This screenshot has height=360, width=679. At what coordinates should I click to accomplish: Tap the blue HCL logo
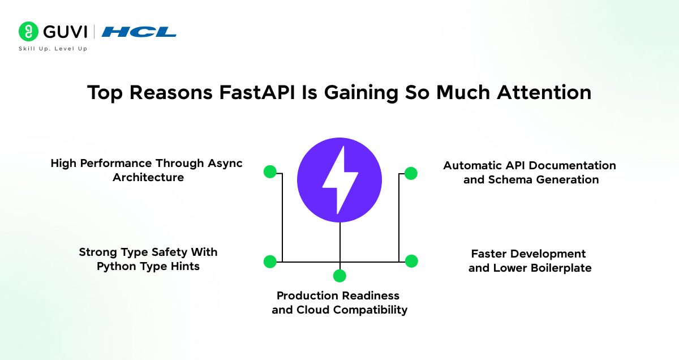click(139, 32)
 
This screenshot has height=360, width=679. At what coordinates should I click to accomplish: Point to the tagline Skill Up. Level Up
click(53, 49)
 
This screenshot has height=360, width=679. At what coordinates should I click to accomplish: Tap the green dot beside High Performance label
click(270, 172)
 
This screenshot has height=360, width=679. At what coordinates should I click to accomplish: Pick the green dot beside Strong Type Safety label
click(270, 262)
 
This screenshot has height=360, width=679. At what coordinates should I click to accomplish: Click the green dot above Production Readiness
click(339, 276)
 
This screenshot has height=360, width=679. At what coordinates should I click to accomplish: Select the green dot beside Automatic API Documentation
click(411, 173)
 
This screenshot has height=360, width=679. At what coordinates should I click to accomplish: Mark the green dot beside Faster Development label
click(411, 261)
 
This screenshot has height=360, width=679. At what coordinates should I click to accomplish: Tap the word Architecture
click(148, 178)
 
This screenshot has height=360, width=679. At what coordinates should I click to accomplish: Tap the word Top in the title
click(105, 92)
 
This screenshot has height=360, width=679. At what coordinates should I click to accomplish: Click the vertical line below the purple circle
click(339, 243)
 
